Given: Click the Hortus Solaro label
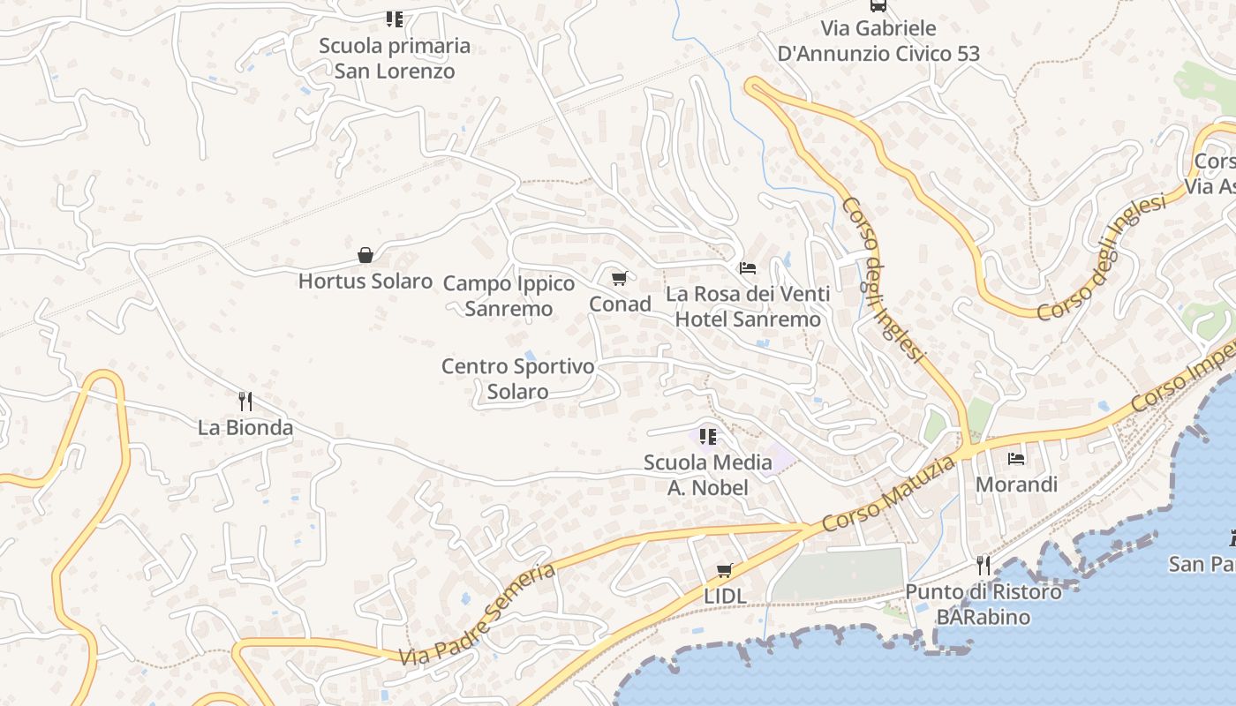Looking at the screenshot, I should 365,282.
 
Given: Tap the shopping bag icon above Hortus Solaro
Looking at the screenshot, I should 366,255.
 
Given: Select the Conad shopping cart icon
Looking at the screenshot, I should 620,279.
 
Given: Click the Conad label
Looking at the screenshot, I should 620,304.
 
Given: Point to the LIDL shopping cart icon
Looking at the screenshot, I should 725,570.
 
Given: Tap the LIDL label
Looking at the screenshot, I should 725,597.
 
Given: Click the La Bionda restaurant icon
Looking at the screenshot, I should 245,402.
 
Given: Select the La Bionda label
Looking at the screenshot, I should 245,428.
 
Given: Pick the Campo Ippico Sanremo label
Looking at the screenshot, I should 509,296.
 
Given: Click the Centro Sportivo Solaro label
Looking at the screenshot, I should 518,379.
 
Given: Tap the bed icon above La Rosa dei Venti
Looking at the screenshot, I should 748,267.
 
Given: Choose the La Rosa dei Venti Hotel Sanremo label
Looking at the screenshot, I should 748,306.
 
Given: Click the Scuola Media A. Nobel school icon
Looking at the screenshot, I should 707,436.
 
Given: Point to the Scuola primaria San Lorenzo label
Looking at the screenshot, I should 395,58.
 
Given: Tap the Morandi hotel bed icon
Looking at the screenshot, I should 1016,459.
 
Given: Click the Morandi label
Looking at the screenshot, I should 1016,484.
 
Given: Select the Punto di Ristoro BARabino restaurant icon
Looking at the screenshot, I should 984,565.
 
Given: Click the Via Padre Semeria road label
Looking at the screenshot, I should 477,614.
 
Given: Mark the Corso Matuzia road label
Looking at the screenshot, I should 887,494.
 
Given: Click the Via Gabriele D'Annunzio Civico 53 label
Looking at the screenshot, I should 878,41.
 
